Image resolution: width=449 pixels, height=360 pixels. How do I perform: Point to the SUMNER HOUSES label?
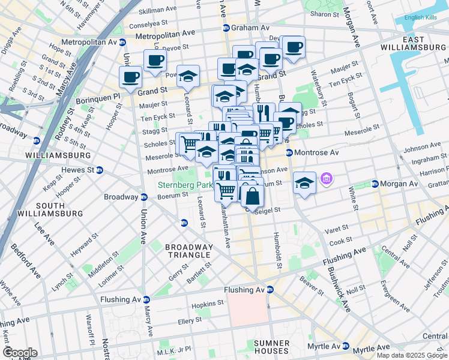tap(263, 346)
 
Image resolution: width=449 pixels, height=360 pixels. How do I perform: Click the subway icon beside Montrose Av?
tap(289, 153)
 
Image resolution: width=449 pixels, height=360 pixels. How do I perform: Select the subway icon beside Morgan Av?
tap(375, 184)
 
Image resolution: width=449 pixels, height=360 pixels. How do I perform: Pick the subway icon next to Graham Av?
tap(226, 28)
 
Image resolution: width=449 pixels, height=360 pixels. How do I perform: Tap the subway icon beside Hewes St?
tap(100, 170)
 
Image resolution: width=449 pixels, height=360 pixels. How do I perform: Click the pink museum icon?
tap(326, 178)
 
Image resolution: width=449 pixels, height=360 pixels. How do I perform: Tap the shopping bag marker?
tap(253, 196)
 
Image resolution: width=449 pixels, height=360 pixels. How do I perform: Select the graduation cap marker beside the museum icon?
tap(304, 182)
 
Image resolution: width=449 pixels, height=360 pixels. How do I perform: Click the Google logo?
tap(20, 353)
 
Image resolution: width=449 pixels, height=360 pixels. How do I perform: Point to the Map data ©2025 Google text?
tap(411, 355)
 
